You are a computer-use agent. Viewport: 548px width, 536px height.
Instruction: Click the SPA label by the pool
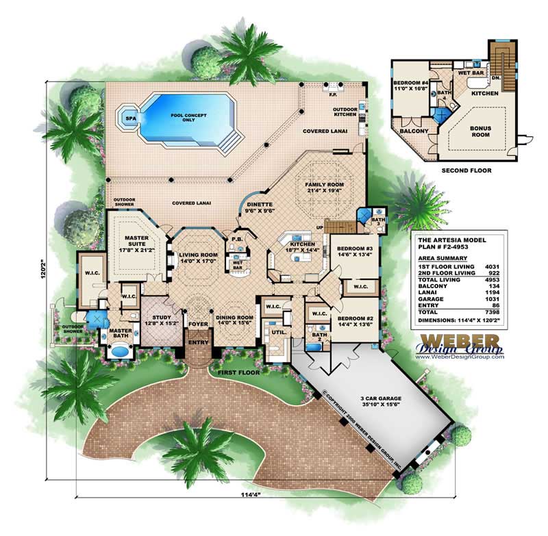(129, 118)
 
